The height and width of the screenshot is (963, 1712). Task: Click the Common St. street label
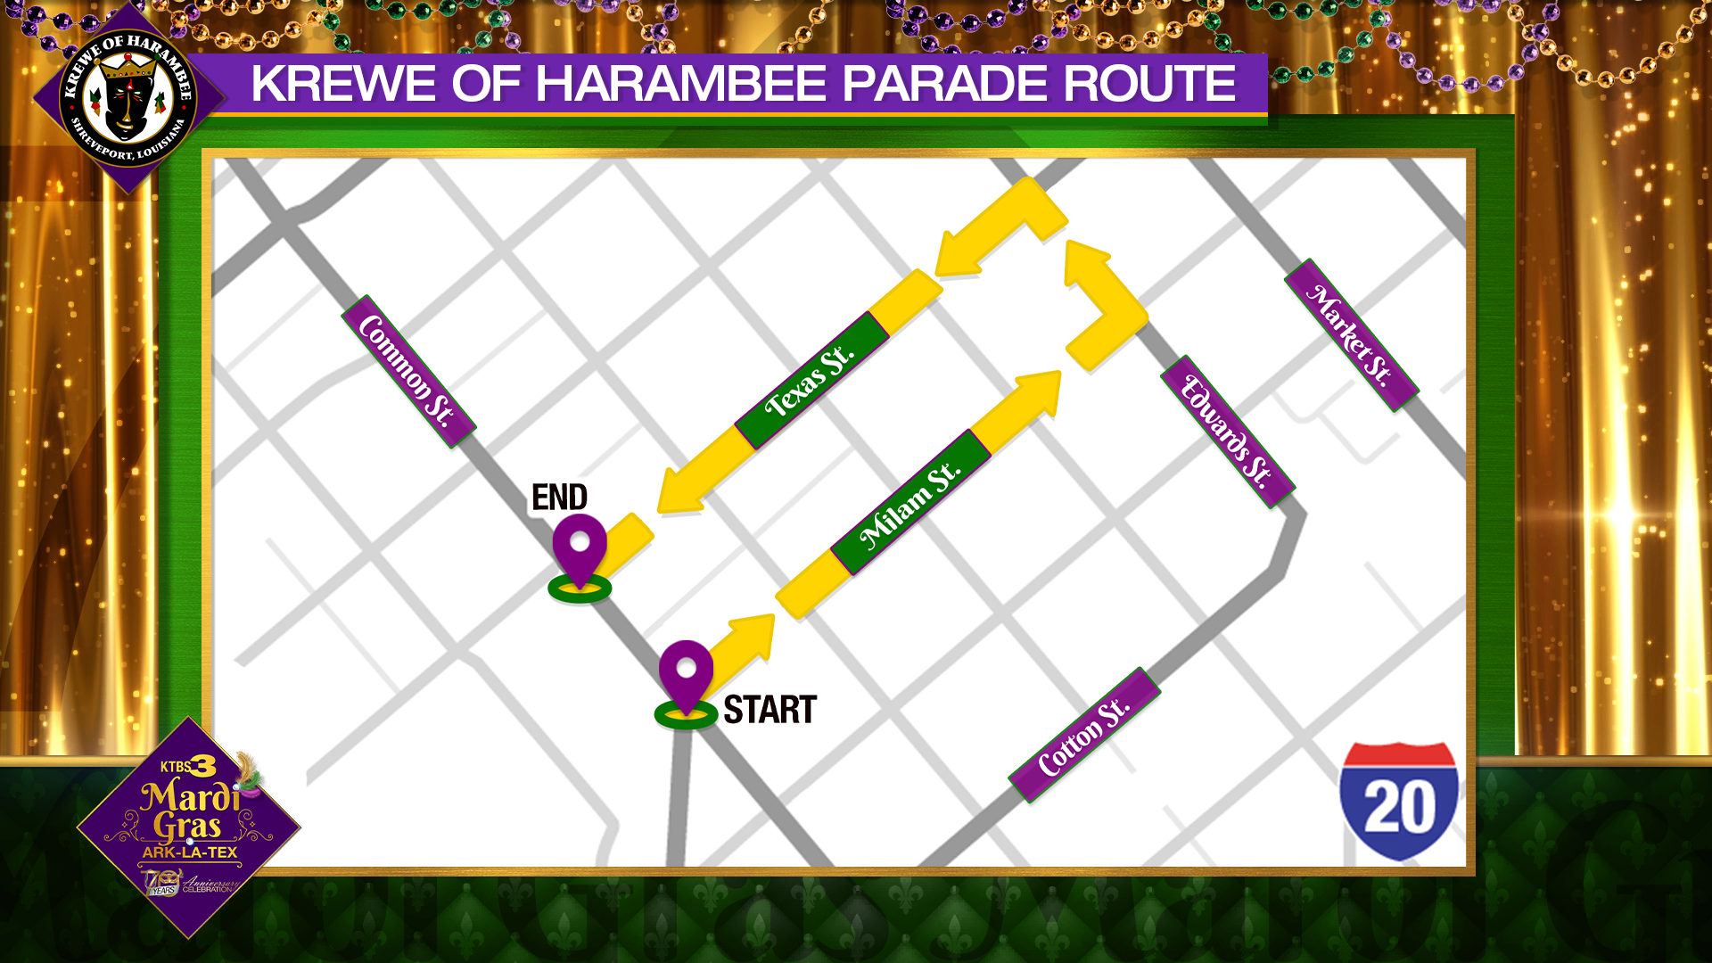click(408, 371)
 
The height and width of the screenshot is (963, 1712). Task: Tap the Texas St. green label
click(811, 381)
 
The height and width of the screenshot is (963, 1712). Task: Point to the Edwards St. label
click(1227, 432)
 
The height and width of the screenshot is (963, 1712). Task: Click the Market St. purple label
click(1351, 335)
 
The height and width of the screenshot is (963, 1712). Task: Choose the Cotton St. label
click(1084, 736)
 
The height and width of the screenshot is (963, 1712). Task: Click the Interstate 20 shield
click(1398, 801)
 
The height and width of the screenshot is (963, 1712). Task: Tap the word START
click(770, 710)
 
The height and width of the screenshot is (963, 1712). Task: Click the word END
click(559, 498)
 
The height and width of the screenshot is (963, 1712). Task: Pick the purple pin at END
click(580, 547)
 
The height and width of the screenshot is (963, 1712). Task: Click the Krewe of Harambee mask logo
click(128, 98)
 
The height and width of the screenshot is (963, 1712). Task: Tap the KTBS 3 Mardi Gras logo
click(189, 825)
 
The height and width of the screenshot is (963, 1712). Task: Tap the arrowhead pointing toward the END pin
click(682, 490)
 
